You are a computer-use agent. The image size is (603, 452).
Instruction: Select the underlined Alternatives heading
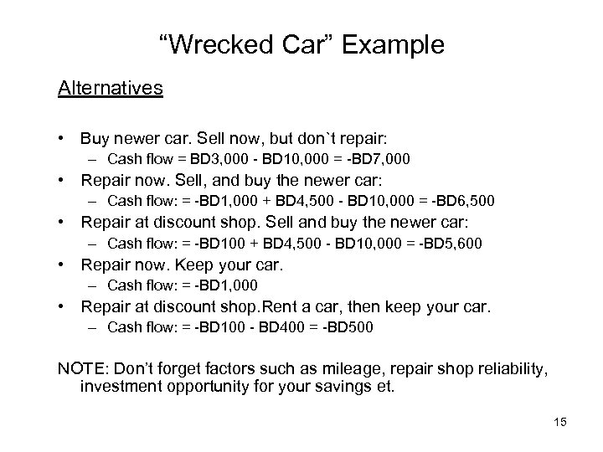click(111, 88)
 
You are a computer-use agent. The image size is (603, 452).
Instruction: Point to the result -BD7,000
click(386, 157)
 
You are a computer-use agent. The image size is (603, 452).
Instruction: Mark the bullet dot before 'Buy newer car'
click(62, 136)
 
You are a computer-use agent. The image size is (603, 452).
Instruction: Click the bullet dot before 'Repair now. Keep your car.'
click(62, 266)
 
